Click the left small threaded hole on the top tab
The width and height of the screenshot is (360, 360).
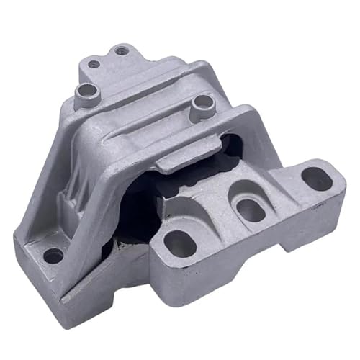94,63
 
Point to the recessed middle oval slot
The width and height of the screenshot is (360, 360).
250,209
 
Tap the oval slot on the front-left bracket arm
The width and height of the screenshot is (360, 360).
180,245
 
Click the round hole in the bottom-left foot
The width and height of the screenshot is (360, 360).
53,255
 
